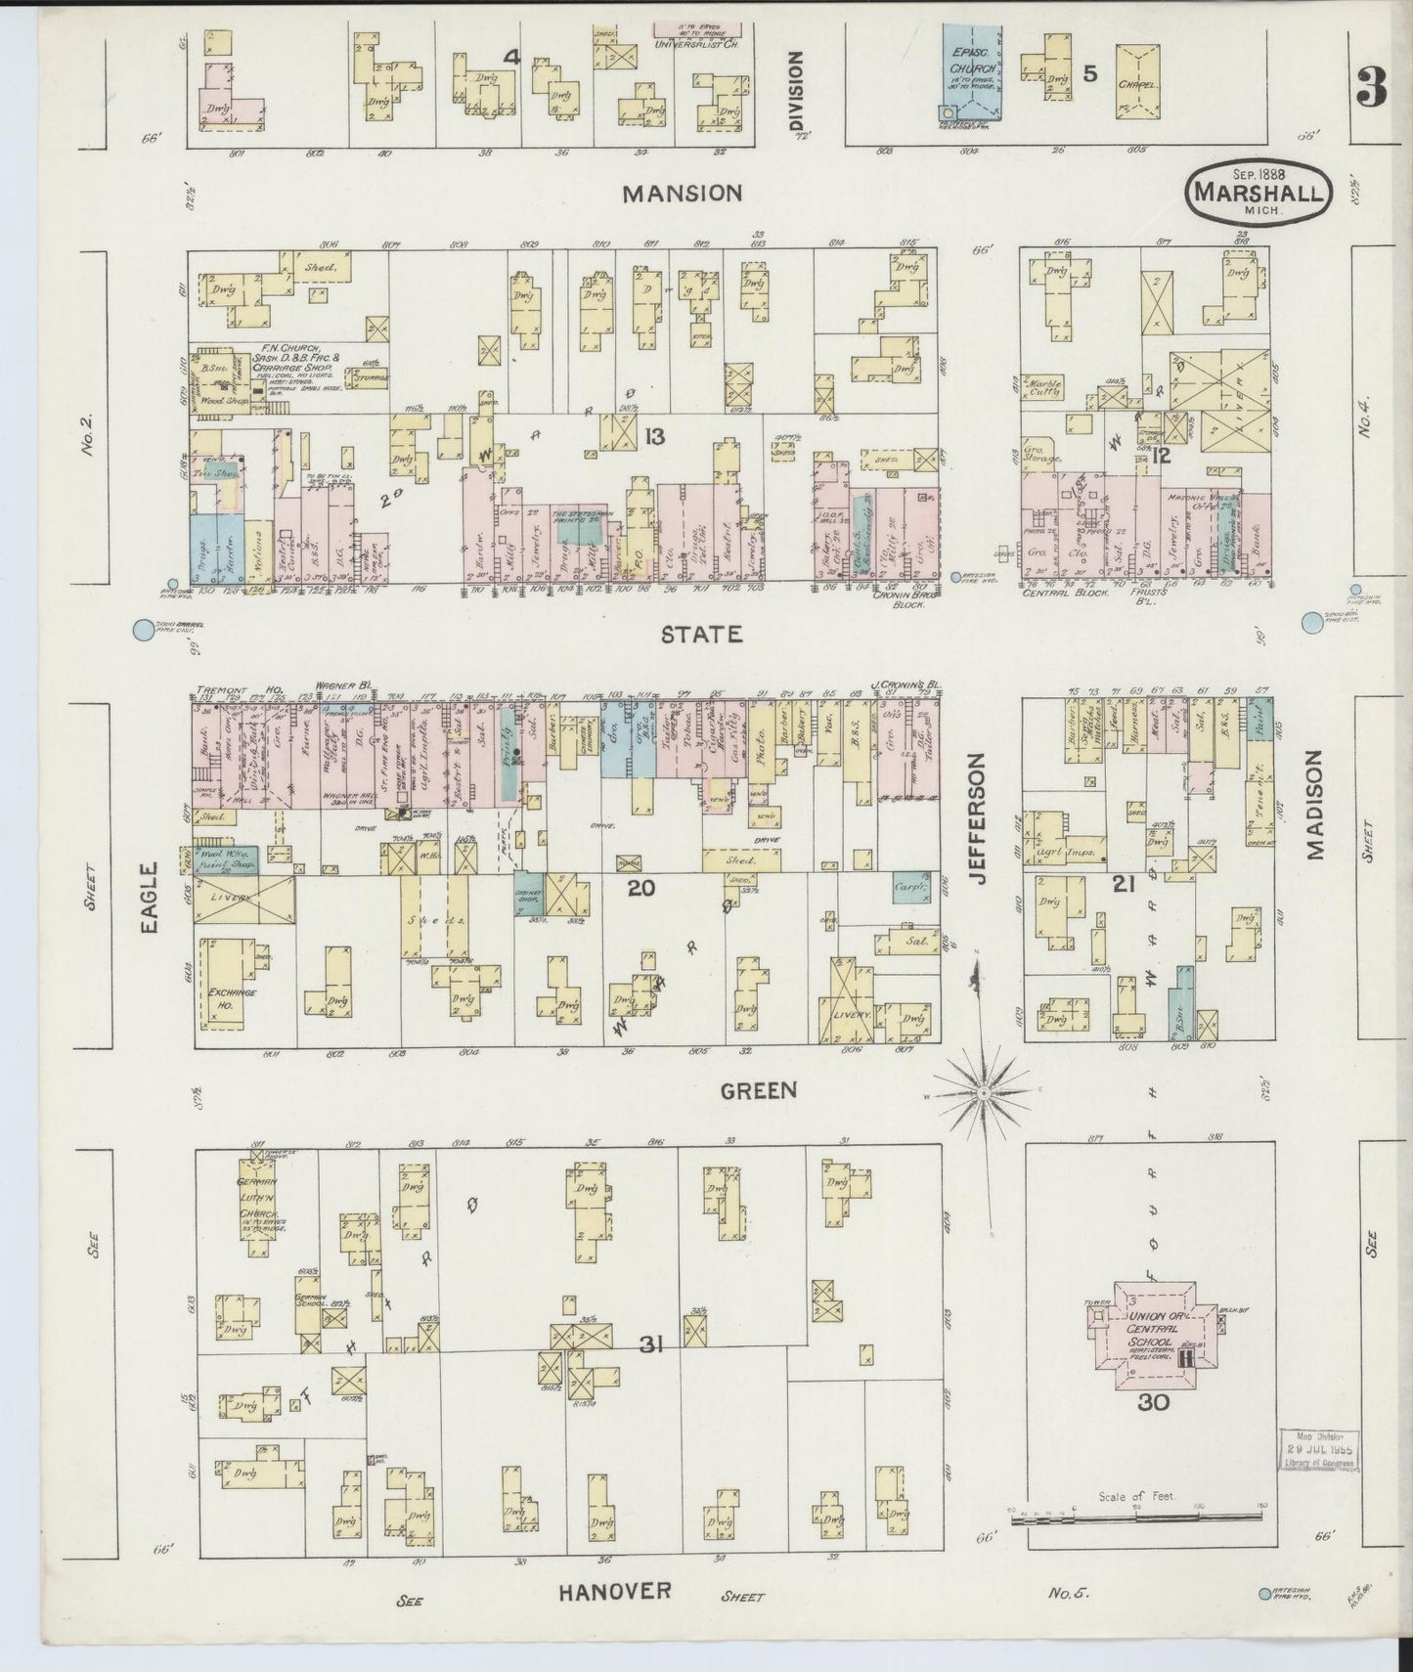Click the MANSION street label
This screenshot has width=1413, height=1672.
[684, 194]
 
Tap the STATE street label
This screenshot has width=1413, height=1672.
[701, 635]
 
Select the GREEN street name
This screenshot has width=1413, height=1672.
[758, 1090]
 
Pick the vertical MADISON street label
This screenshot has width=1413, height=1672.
[1313, 804]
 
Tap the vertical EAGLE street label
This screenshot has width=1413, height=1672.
[149, 898]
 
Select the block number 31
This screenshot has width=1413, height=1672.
[652, 1346]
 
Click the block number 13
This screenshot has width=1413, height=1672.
[654, 436]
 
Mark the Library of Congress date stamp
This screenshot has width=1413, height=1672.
[1320, 1451]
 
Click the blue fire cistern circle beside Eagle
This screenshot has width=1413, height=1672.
[144, 631]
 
